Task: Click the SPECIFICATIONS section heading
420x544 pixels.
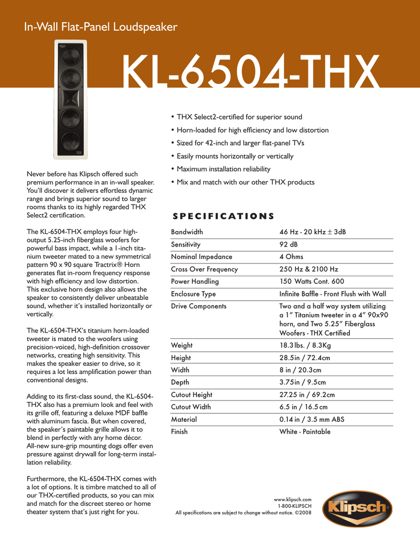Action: pyautogui.click(x=223, y=216)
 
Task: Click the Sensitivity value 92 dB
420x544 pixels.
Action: pyautogui.click(x=289, y=245)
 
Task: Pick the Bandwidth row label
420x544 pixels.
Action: pyautogui.click(x=187, y=232)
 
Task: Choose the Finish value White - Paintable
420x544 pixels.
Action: pyautogui.click(x=305, y=432)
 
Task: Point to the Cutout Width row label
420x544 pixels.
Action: pyautogui.click(x=191, y=407)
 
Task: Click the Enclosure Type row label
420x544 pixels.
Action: pyautogui.click(x=193, y=294)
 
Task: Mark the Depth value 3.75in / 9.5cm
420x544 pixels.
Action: pyautogui.click(x=303, y=382)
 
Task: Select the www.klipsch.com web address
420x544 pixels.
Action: pyautogui.click(x=292, y=499)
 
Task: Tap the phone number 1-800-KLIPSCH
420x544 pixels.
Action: pyautogui.click(x=295, y=506)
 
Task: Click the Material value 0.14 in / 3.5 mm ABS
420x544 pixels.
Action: pyautogui.click(x=312, y=420)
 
